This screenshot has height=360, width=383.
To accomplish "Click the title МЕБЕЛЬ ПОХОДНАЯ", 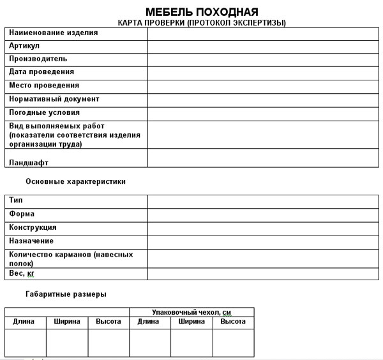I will click(x=202, y=12).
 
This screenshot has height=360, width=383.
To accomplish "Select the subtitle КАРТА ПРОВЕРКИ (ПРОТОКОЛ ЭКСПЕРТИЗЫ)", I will click(x=202, y=23).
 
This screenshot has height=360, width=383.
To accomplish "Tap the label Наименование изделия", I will click(x=54, y=33).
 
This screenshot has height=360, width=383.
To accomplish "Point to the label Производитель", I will click(x=38, y=59).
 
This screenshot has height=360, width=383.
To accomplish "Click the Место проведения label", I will click(x=44, y=86).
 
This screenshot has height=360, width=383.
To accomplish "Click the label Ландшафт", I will click(x=29, y=163).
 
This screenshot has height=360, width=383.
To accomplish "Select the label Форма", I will click(x=22, y=214).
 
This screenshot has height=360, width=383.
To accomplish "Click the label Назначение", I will click(x=31, y=241).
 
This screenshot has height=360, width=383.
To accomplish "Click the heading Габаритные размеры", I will click(x=66, y=294).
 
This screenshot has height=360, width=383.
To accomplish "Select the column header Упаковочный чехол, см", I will click(x=191, y=312).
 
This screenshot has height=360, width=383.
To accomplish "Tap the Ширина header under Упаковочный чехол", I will click(x=191, y=322).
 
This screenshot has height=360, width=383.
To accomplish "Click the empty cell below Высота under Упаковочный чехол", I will click(x=233, y=342).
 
